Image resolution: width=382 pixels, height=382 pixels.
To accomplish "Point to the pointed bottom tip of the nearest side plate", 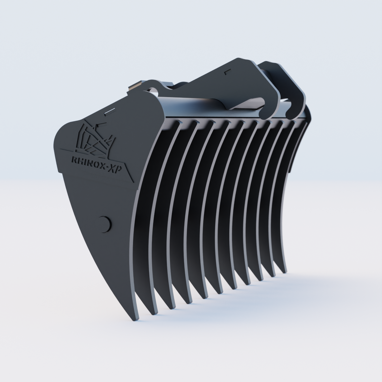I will click(136, 318).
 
